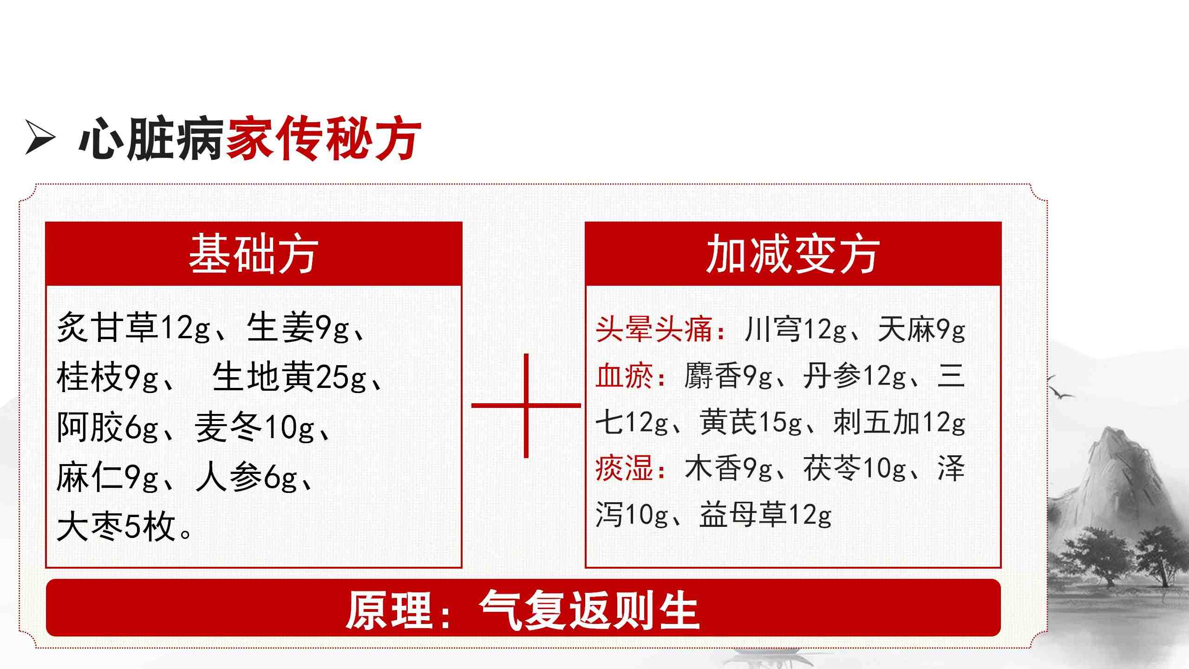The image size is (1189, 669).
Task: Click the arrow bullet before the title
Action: [40, 138]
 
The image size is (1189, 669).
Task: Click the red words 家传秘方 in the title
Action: [324, 139]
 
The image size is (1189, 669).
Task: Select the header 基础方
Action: [254, 254]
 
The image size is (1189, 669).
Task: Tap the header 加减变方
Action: [793, 254]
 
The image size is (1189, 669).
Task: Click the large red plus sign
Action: [526, 406]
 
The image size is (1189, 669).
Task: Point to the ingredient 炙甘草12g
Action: [134, 328]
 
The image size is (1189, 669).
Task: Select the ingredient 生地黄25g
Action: [289, 377]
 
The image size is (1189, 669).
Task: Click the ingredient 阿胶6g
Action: [108, 427]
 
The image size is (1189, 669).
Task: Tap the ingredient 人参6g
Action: [247, 477]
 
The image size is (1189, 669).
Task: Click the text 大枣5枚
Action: [116, 527]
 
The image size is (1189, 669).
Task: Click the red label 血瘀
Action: [625, 376]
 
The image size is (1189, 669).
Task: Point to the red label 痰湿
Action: [625, 468]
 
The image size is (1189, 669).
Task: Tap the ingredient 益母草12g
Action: [765, 515]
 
